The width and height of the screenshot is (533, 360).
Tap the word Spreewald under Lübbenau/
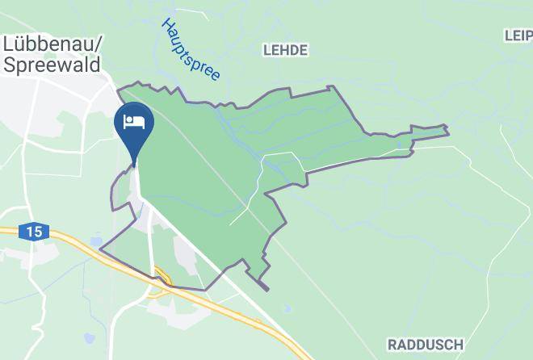[52, 64]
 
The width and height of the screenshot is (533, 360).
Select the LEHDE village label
[286, 50]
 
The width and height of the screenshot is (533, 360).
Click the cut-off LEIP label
[518, 36]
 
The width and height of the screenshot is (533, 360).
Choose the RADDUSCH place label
[425, 345]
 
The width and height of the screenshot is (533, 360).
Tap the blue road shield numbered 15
[33, 232]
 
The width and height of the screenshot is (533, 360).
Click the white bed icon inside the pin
[134, 123]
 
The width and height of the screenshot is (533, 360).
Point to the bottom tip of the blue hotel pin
[134, 166]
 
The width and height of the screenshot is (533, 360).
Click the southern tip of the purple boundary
[266, 290]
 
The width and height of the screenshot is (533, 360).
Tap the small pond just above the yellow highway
[98, 241]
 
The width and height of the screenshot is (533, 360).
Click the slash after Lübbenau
[97, 44]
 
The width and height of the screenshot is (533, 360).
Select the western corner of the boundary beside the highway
[99, 250]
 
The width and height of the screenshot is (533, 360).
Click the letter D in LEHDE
[293, 50]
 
